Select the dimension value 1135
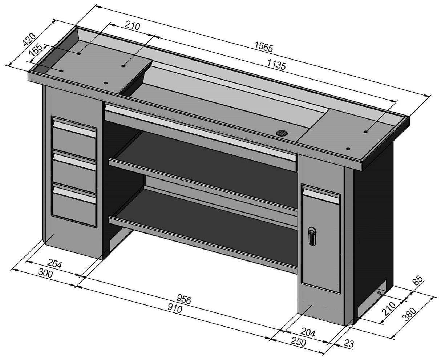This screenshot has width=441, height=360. pos(277,65)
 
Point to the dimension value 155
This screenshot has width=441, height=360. pos(36,50)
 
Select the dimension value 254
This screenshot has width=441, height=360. pos(54,264)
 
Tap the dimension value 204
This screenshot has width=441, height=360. pos(307,332)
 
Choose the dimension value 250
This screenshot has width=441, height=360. pos(298,342)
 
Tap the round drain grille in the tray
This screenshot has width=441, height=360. pos(282,133)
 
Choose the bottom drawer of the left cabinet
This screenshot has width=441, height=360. pos(74,203)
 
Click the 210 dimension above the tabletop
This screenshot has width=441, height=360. pos(132,25)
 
